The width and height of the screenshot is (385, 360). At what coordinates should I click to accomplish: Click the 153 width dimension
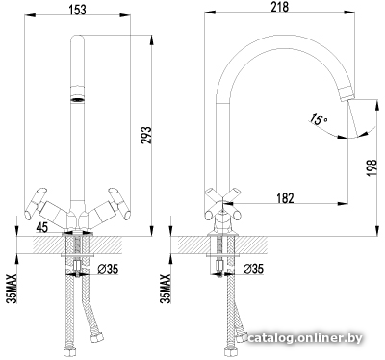point(78,10)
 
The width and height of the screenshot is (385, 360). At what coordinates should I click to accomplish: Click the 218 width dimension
point(279,7)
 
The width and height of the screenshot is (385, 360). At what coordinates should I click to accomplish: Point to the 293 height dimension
point(145,135)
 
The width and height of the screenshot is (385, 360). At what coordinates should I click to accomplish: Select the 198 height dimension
point(372,167)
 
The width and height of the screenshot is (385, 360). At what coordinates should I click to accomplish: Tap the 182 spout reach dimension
point(285,198)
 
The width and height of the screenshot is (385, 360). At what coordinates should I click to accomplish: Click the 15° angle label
point(318,119)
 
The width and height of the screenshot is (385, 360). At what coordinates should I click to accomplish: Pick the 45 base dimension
point(41,227)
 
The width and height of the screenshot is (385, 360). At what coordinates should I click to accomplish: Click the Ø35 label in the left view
point(108,269)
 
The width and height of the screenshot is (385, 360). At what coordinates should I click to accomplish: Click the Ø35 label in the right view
point(253,269)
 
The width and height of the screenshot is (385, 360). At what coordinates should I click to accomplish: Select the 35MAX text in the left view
point(12,289)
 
